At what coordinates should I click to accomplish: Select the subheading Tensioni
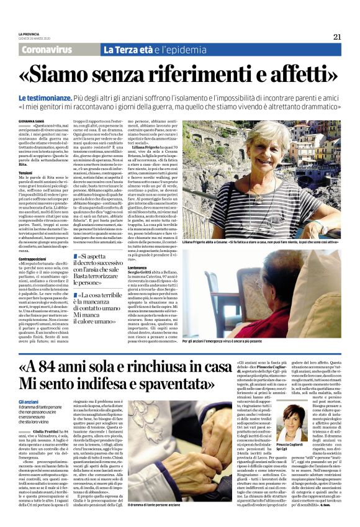tap(26, 172)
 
